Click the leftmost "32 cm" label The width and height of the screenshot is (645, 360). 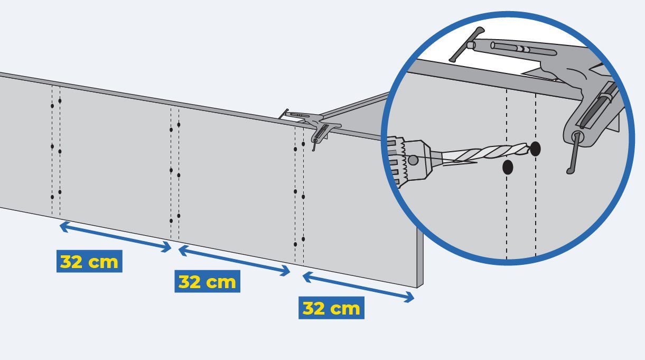[89, 261]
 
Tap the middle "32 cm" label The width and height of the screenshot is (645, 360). [207, 281]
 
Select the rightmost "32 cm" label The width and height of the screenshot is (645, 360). [331, 308]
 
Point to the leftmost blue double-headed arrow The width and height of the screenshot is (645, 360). [116, 237]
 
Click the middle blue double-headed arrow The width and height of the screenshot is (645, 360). [234, 261]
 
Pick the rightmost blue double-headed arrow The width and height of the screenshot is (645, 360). [358, 287]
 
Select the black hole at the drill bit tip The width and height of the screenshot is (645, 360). [535, 149]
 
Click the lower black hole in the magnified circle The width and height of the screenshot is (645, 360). [508, 167]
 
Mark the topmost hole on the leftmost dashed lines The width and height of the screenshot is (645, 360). [60, 101]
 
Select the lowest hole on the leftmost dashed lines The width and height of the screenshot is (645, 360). [52, 197]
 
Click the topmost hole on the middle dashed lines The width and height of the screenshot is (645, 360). [179, 125]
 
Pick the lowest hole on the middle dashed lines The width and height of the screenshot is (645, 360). [171, 221]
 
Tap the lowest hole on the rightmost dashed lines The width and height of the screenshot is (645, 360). [295, 244]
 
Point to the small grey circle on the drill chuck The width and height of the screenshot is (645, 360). [413, 160]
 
